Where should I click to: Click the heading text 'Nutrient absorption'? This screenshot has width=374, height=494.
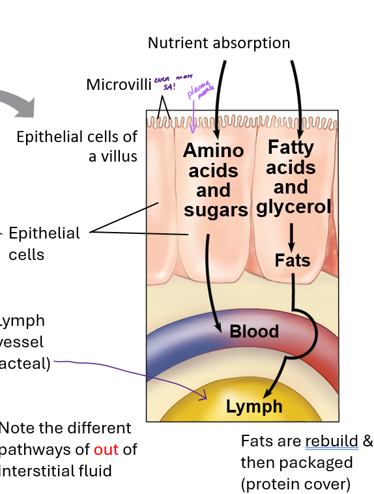219,43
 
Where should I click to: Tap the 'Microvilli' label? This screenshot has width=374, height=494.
119,84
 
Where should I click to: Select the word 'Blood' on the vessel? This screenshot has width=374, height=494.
254,331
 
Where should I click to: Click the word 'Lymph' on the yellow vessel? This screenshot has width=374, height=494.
254,407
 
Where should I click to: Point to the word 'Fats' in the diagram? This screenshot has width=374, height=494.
293,261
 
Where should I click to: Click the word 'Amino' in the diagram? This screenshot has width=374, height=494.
213,151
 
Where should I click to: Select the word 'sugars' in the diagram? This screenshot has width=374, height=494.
216,210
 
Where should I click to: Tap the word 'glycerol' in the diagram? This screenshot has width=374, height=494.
294,207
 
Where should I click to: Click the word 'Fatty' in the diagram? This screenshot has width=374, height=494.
291,147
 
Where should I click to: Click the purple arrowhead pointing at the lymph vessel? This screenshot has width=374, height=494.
204,394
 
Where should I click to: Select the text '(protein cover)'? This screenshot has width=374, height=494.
295,484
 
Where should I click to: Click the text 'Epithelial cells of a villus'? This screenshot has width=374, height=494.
77,146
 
